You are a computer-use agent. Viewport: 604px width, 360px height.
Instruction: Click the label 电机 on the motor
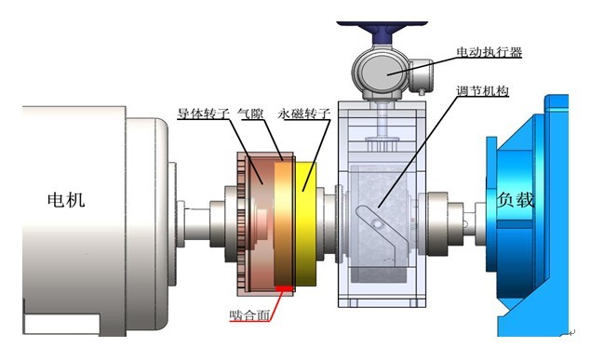66,200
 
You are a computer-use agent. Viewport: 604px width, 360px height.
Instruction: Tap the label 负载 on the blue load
515,199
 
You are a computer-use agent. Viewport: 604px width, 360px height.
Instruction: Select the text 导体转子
203,113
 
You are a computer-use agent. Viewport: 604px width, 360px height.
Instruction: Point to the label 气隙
250,113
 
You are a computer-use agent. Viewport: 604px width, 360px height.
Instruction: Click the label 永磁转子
304,113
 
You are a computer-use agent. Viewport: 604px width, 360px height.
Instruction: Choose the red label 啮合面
249,315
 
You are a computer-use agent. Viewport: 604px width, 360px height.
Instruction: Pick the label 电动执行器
489,52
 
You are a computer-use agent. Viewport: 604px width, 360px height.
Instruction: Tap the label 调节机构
482,91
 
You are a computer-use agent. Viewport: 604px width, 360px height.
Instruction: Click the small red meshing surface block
284,287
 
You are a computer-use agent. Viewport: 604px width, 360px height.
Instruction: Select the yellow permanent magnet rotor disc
306,223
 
